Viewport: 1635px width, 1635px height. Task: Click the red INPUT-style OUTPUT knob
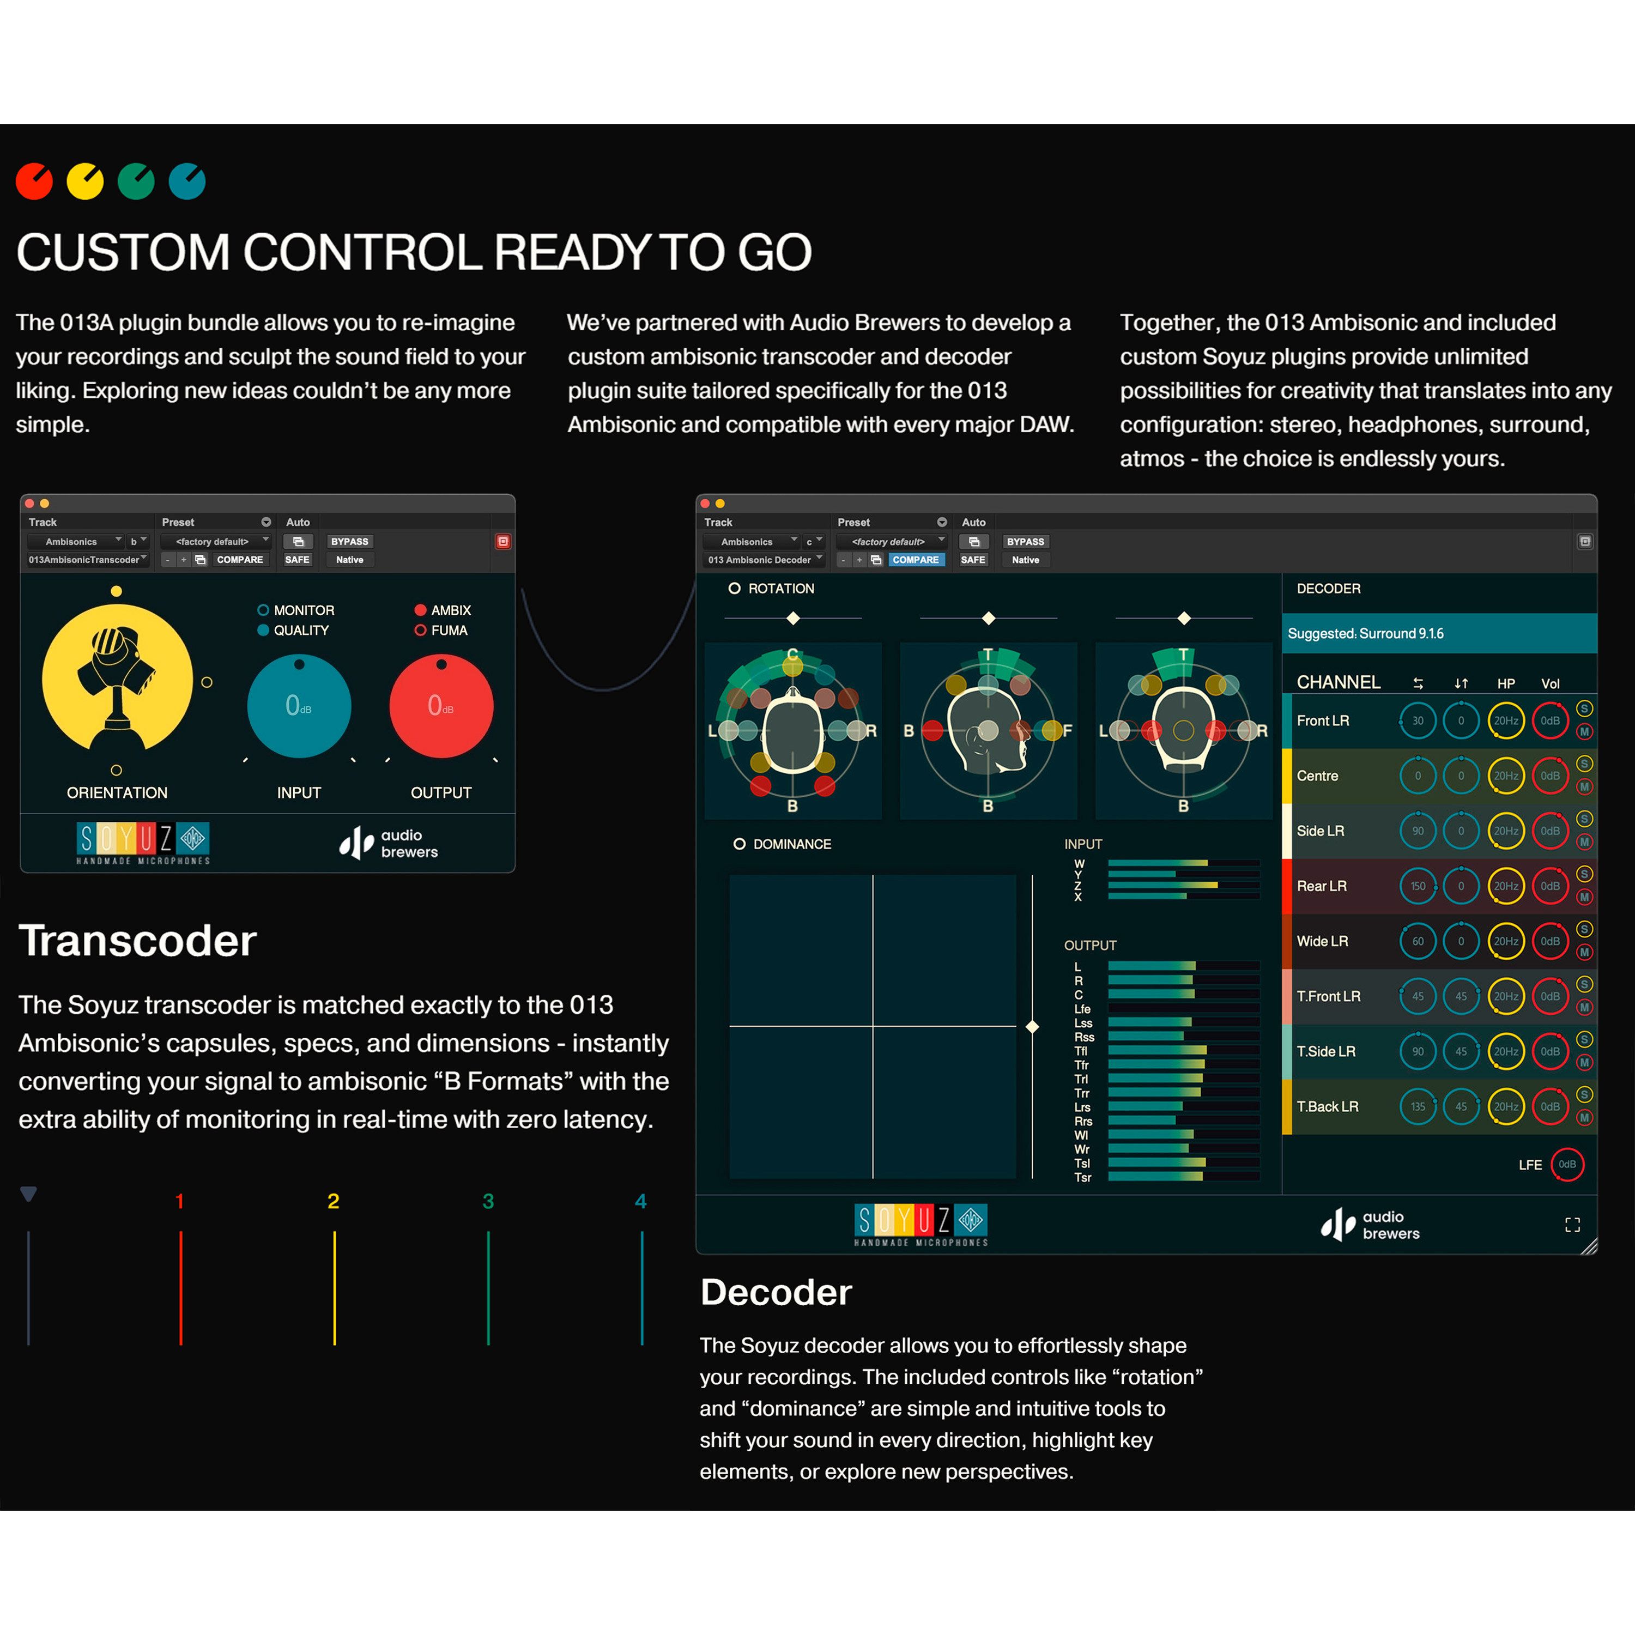[441, 706]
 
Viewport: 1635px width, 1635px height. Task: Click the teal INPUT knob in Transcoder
[299, 706]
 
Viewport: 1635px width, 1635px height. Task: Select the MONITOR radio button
[263, 610]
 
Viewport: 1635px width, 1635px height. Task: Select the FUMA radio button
[420, 631]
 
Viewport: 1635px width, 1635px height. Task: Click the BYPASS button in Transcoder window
[349, 542]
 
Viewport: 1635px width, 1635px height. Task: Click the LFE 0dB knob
[1566, 1165]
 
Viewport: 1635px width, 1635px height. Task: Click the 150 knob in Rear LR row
[1418, 886]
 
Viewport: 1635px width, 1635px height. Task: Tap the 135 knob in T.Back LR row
[1418, 1106]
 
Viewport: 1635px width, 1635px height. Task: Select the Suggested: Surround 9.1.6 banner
[1439, 634]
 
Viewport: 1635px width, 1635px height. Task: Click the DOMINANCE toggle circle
[739, 844]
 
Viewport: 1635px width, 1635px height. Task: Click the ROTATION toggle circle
[734, 588]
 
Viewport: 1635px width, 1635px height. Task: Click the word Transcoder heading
[137, 941]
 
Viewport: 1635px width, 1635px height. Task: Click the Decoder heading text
[775, 1292]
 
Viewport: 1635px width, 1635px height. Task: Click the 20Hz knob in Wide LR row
[1505, 941]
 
